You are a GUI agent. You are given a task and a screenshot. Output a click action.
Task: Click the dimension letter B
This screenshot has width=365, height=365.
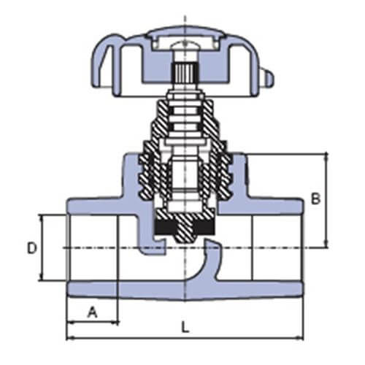click(316, 199)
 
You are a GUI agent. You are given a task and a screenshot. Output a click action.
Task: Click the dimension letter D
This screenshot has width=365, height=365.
click(32, 248)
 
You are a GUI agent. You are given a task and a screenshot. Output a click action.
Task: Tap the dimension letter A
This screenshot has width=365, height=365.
click(93, 312)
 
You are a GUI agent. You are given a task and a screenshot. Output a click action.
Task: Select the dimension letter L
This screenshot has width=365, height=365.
click(185, 327)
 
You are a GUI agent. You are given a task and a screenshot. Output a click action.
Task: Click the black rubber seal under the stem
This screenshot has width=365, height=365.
click(185, 227)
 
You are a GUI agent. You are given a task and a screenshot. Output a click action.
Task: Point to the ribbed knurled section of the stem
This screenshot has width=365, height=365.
click(184, 72)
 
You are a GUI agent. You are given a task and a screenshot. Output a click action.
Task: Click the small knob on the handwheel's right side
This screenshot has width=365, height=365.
click(269, 78)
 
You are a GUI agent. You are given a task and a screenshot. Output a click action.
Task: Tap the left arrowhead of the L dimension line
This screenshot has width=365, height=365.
click(69, 338)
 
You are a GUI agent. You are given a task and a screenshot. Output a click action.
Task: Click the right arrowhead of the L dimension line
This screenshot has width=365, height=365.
click(300, 338)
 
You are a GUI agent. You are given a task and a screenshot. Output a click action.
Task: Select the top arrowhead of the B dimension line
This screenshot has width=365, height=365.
click(326, 156)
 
